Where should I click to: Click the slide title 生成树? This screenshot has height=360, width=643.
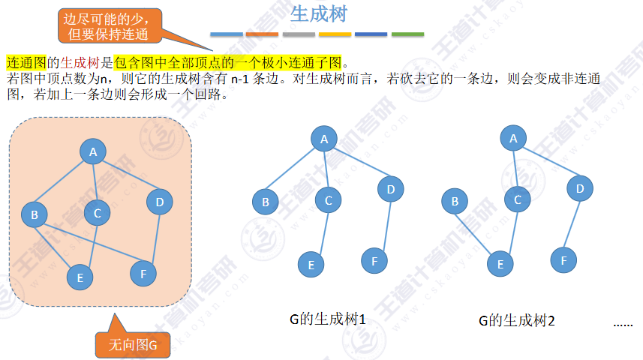(x=318, y=14)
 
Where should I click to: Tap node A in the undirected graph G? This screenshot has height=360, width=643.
(x=93, y=153)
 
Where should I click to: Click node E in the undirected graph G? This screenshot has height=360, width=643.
(x=80, y=277)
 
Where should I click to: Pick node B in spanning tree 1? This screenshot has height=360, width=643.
(x=265, y=201)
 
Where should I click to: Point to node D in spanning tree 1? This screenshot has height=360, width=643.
(x=391, y=188)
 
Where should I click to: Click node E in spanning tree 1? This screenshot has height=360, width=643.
(x=311, y=264)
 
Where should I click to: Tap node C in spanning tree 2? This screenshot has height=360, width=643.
(x=517, y=199)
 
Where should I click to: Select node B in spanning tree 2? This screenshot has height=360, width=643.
(x=454, y=200)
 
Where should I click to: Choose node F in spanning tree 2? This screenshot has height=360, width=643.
(x=563, y=260)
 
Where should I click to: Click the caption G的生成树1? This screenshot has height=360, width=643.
(x=327, y=320)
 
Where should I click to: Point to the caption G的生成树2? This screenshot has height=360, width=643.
(x=516, y=321)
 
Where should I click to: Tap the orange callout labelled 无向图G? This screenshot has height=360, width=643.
(x=133, y=345)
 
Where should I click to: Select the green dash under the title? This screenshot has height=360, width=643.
(x=407, y=34)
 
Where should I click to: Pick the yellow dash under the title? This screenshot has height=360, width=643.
(x=335, y=34)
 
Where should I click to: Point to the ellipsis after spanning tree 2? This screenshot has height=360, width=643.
(x=623, y=324)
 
